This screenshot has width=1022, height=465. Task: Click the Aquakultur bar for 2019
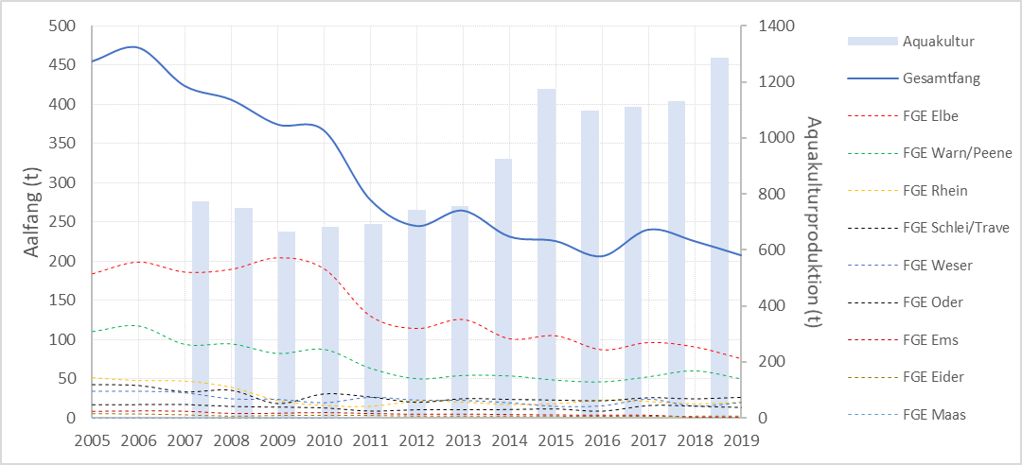click(x=719, y=236)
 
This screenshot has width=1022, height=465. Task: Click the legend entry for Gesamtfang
click(x=942, y=79)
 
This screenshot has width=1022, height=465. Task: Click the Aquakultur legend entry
click(x=938, y=42)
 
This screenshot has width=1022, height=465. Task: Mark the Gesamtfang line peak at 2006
click(x=134, y=46)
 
